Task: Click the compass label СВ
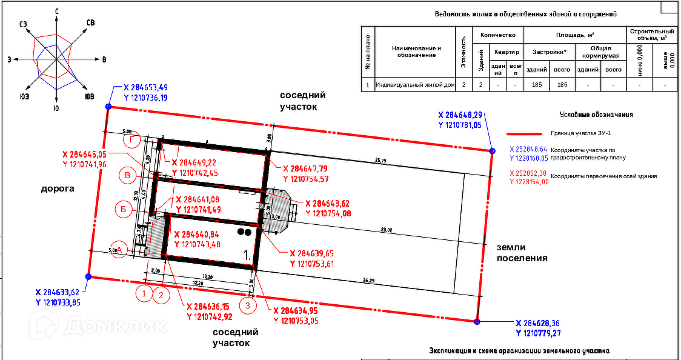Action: coord(90,22)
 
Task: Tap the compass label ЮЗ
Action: coord(25,97)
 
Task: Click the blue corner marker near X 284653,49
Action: coord(108,107)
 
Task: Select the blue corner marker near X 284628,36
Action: coord(477,322)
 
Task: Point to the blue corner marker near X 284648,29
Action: coord(492,150)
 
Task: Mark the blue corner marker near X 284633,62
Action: coord(88,277)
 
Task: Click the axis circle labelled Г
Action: coord(131,140)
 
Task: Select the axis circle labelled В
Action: coord(127,176)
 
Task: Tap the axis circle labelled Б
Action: coord(123,210)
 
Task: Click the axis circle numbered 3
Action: coord(247,306)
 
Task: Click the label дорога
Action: coord(58,188)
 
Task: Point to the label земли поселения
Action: coord(522,253)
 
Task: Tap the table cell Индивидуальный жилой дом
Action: coord(415,85)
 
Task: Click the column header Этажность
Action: coord(464,52)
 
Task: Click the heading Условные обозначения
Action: coord(596,114)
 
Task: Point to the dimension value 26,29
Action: coord(369,280)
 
